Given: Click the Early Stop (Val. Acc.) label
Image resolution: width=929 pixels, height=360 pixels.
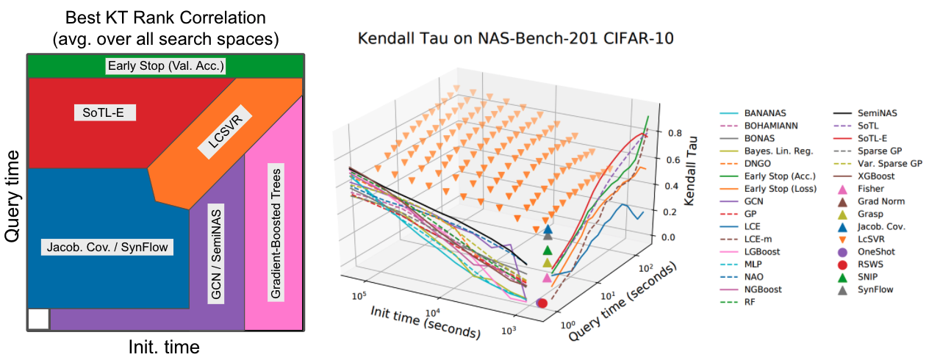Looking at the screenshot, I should pyautogui.click(x=165, y=67).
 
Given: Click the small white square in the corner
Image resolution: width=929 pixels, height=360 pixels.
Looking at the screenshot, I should pyautogui.click(x=38, y=319).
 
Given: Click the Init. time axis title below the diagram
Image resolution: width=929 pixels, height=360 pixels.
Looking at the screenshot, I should pyautogui.click(x=162, y=345).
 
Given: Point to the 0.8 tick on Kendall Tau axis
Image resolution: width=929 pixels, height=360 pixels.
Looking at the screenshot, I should pyautogui.click(x=668, y=134).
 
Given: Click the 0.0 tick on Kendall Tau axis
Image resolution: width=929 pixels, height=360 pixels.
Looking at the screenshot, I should pyautogui.click(x=668, y=237).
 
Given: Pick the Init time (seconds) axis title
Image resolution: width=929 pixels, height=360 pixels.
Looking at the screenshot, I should pyautogui.click(x=425, y=321).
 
